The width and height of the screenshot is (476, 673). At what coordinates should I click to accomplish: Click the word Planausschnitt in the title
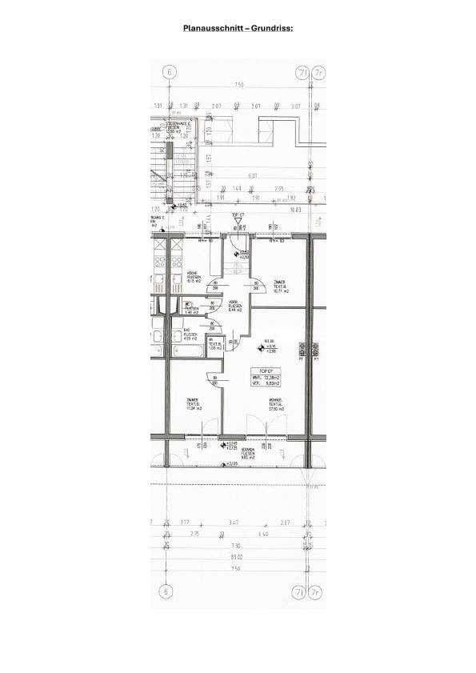pyautogui.click(x=211, y=27)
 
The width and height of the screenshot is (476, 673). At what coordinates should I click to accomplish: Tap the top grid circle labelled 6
pyautogui.click(x=168, y=71)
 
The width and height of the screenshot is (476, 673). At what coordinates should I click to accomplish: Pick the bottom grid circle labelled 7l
pyautogui.click(x=299, y=592)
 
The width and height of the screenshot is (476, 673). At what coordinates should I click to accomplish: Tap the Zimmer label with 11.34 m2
pyautogui.click(x=193, y=405)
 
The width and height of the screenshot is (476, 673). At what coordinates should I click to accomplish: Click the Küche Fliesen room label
pyautogui.click(x=193, y=277)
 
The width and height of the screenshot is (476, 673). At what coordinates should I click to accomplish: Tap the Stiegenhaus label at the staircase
pyautogui.click(x=176, y=126)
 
